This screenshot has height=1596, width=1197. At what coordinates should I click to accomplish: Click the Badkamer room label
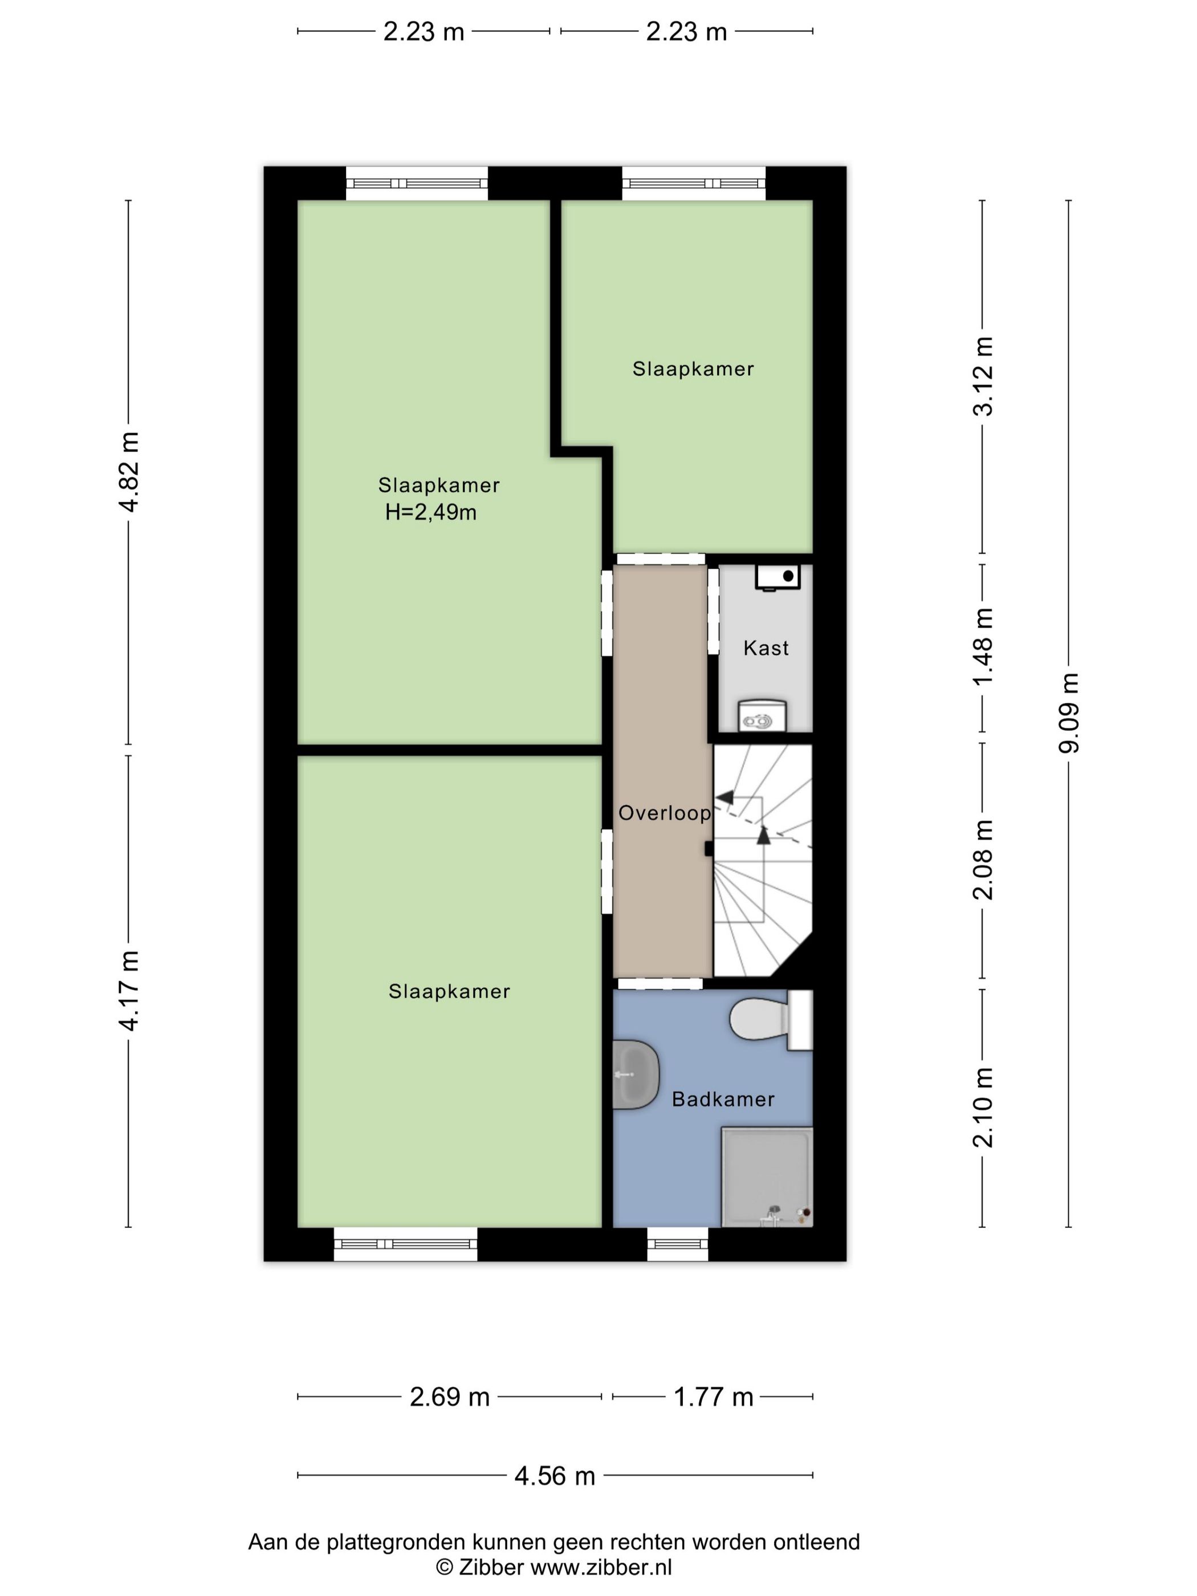click(x=722, y=1099)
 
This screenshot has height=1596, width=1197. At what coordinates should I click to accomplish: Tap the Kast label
click(x=766, y=648)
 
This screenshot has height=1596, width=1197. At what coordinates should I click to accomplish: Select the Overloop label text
click(x=665, y=813)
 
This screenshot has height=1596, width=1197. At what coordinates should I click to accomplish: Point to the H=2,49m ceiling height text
click(x=431, y=512)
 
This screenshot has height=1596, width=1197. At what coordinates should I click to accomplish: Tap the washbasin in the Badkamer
click(x=636, y=1074)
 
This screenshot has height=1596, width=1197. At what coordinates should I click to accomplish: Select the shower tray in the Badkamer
click(x=767, y=1177)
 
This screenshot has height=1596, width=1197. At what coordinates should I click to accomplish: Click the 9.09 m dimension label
click(x=1069, y=713)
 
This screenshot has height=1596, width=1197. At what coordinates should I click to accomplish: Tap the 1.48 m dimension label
click(x=983, y=646)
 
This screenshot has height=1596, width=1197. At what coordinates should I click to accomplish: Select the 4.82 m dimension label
click(x=129, y=472)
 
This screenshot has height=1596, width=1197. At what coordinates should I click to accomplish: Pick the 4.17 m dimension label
click(x=129, y=991)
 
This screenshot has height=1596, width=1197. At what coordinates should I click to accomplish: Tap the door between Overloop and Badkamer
click(x=659, y=983)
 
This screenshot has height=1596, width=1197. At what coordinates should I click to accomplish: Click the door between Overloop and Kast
click(x=713, y=611)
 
